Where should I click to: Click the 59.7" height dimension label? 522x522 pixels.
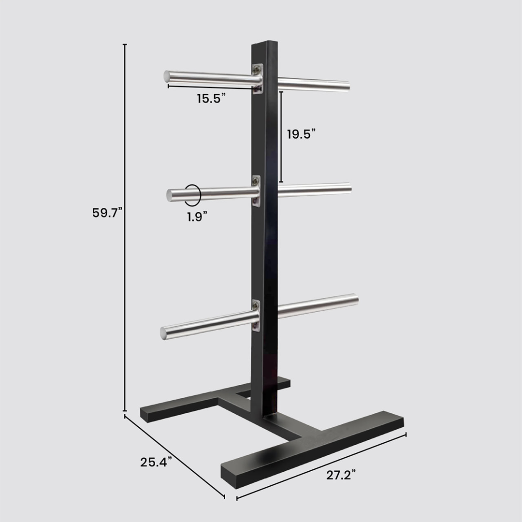(x=107, y=212)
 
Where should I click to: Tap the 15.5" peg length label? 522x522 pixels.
(x=211, y=99)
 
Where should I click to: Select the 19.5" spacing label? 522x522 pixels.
(x=301, y=134)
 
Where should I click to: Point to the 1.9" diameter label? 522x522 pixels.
(x=197, y=217)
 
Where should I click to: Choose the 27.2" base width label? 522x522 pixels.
(x=341, y=475)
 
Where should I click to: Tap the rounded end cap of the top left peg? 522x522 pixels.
(x=167, y=76)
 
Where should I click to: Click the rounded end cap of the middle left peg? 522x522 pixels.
(x=170, y=195)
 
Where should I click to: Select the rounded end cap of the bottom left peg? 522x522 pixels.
(x=164, y=333)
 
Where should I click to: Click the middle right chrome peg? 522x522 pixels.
(x=314, y=189)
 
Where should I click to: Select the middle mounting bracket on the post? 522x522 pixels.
(x=256, y=191)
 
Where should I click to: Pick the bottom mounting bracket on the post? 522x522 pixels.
(x=256, y=315)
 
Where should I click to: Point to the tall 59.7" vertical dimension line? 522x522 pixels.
(x=125, y=227)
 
